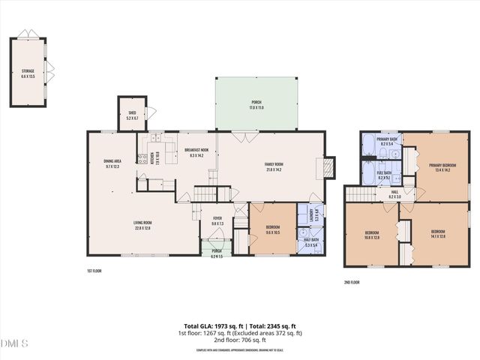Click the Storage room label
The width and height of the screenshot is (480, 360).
point(28,73)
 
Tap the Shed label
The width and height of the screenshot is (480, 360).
point(131,115)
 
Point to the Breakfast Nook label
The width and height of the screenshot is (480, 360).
point(196,152)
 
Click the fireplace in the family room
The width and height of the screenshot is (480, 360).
point(328,167)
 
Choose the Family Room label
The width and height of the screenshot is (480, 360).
point(273,166)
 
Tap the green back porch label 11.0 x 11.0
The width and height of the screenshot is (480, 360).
point(256,104)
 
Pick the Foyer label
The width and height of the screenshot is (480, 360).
point(217,220)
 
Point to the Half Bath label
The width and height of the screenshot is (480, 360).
point(311,243)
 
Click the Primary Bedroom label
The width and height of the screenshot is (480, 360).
point(442,167)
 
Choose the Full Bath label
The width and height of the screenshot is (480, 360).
point(384,175)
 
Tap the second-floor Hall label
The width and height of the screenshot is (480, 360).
point(394,193)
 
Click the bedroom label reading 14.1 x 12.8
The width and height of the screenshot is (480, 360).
point(438,233)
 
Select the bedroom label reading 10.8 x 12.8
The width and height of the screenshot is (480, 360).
point(372,235)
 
